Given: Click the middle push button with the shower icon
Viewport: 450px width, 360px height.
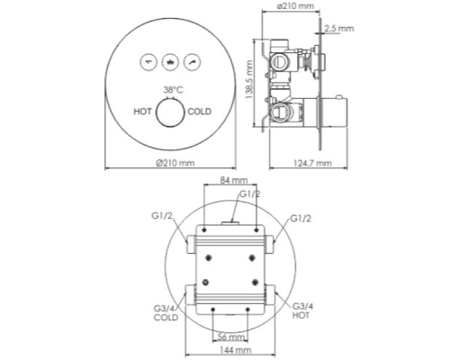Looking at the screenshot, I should tap(168, 61).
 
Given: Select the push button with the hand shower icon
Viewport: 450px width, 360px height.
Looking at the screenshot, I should tap(190, 61).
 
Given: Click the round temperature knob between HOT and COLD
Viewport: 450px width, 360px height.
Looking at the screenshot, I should tap(168, 114).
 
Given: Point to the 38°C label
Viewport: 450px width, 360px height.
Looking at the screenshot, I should tap(168, 91).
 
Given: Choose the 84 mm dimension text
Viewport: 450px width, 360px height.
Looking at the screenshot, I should tap(231, 182).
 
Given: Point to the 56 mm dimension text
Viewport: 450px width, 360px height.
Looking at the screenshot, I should tap(229, 337).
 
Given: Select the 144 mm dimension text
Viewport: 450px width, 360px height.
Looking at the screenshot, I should tap(229, 352).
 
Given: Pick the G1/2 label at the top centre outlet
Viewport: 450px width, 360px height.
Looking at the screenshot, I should tap(249, 193).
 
